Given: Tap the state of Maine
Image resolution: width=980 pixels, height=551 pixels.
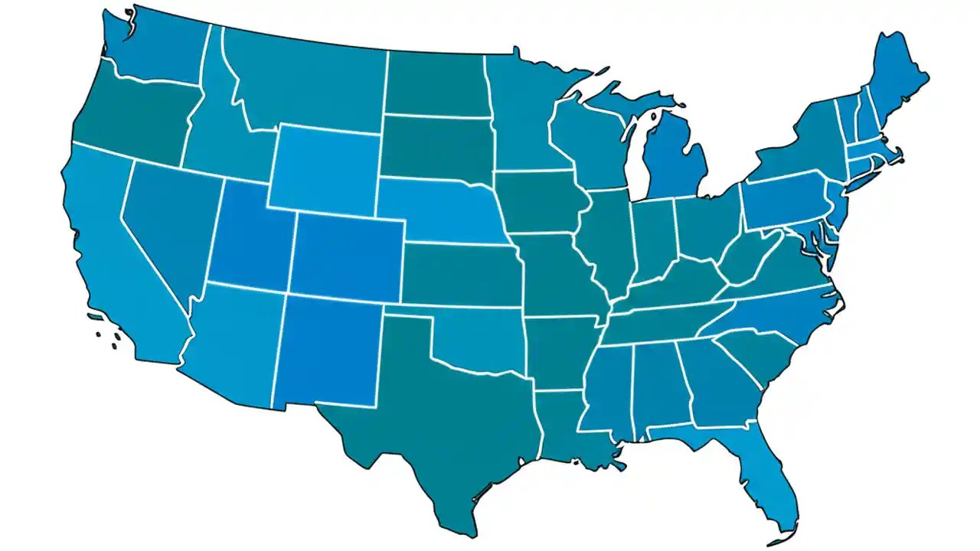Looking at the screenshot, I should point(896,77).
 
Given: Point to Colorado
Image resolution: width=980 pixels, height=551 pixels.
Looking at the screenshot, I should point(348,256).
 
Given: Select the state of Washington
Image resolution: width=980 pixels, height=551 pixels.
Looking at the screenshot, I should point(161,50).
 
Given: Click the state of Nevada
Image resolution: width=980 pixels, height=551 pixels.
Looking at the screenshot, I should point(165,222).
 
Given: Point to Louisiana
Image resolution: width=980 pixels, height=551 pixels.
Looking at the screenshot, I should point(563,429).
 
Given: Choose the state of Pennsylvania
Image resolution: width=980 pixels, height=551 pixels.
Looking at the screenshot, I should point(785,203).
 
